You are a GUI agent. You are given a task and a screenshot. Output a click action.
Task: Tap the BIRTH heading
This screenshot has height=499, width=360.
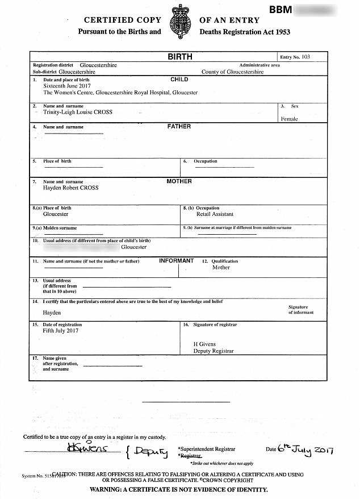click(x=180, y=57)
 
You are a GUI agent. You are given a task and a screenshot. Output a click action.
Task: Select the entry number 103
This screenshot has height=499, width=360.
click(x=306, y=57)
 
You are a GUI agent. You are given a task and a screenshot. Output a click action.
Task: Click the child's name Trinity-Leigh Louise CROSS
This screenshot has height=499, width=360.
click(x=78, y=112)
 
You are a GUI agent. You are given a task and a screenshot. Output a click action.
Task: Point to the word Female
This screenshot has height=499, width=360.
click(x=289, y=119)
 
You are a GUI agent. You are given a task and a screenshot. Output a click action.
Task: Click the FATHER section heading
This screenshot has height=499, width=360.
click(x=179, y=127)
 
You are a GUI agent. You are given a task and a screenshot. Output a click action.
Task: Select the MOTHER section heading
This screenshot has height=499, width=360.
click(x=179, y=181)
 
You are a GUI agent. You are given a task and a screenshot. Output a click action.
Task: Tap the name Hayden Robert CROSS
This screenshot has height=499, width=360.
click(x=71, y=188)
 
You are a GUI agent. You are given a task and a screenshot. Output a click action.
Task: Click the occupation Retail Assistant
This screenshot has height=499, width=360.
click(x=215, y=214)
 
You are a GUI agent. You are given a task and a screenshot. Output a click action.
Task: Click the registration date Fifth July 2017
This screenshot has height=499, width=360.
click(x=61, y=330)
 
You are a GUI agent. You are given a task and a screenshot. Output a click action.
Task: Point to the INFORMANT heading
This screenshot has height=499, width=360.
click(x=176, y=261)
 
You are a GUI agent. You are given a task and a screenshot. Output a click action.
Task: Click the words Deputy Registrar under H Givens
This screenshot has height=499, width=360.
click(x=214, y=351)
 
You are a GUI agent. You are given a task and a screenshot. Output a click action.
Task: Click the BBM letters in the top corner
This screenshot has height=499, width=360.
click(x=281, y=10)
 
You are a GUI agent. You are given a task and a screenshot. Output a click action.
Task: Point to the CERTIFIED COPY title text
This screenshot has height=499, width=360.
click(x=116, y=20)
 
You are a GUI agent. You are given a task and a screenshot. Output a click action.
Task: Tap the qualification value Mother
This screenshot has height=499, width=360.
click(x=221, y=267)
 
